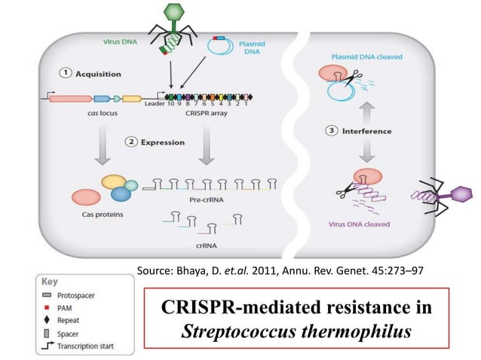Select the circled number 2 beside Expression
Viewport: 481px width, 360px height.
tap(133, 142)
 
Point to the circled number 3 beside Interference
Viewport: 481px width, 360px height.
tap(331, 131)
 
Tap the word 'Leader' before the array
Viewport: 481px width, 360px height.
tap(154, 104)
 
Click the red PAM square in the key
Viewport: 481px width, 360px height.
tap(47, 308)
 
